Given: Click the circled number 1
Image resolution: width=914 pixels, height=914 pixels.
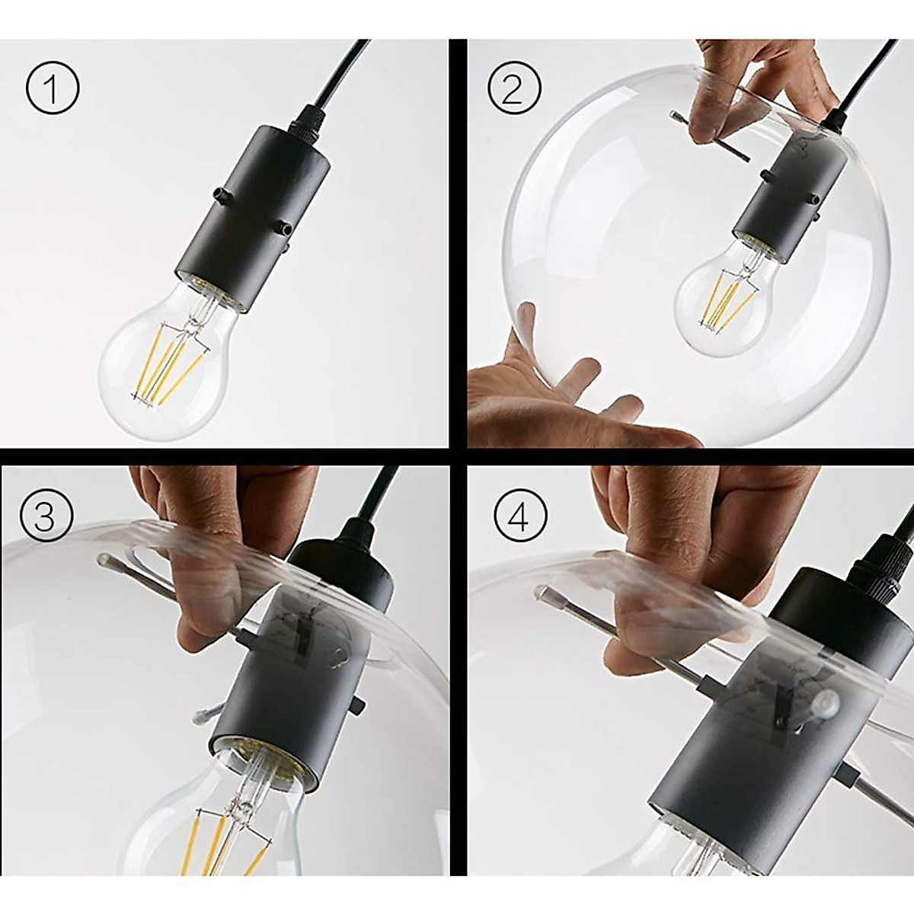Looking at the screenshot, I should click(53, 90).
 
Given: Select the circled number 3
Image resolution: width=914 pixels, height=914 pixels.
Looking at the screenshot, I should click(45, 517).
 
